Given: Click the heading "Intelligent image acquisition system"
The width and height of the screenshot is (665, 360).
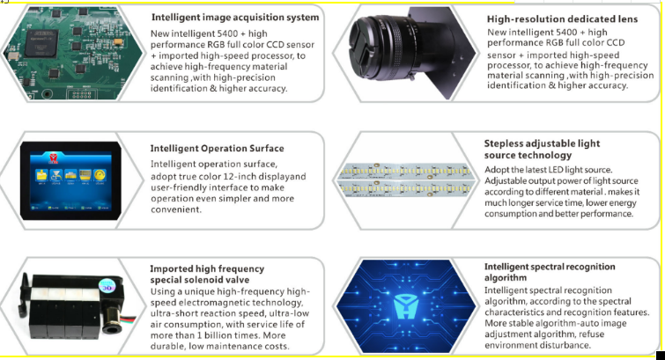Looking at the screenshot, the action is [235, 18].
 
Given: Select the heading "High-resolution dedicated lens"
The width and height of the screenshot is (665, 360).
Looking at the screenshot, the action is [562, 19].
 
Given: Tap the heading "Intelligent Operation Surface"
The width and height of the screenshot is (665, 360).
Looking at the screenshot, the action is [218, 149].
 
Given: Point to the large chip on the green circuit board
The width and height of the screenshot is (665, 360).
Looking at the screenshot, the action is [41, 43].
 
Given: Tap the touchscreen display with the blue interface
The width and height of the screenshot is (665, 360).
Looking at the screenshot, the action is [70, 180].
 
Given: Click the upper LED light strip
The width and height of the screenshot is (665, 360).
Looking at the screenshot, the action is [405, 171].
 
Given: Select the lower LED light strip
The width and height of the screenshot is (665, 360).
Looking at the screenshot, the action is [405, 187].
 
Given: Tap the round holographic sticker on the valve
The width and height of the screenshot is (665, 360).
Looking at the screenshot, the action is [107, 286].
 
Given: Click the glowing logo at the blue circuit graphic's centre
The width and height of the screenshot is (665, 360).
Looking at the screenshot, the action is [406, 306].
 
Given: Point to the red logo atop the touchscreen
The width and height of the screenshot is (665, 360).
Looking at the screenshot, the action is [54, 158].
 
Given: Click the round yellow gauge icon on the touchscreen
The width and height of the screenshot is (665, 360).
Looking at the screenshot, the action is [100, 174].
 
